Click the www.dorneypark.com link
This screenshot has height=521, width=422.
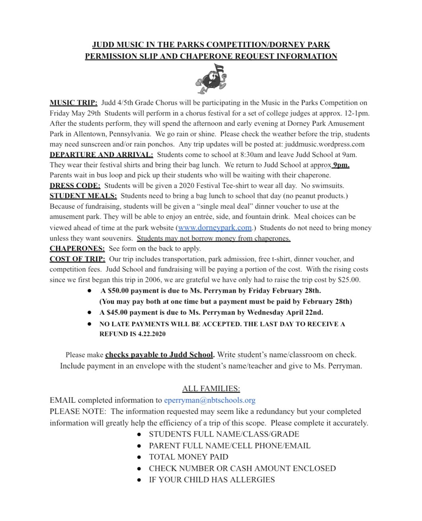(215, 228)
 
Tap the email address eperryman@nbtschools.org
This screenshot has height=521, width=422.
(209, 400)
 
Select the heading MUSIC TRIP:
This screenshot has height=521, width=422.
(73, 103)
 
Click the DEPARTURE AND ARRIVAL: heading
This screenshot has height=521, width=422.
(101, 155)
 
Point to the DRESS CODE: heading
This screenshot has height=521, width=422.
(75, 186)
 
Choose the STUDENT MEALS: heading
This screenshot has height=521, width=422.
(83, 196)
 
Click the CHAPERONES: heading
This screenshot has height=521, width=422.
(77, 249)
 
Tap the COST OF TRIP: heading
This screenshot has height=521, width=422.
(77, 259)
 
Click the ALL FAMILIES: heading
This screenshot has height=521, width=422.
(211, 388)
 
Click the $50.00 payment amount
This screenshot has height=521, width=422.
(117, 291)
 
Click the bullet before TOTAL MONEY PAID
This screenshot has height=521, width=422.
(139, 457)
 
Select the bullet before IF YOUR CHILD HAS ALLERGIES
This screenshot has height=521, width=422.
(139, 480)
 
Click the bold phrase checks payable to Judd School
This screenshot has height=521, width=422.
(160, 355)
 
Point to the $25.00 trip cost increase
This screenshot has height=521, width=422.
(349, 280)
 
